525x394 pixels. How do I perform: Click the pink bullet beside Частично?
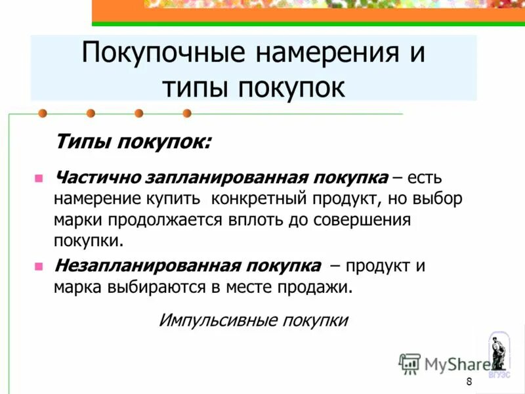click(39, 178)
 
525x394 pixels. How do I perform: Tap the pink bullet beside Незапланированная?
click(39, 267)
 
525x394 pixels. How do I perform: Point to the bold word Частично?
click(93, 178)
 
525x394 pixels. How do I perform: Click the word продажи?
click(322, 287)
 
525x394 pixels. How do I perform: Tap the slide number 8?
click(469, 383)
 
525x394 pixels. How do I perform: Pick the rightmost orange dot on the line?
click(187, 113)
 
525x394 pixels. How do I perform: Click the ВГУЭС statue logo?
click(499, 355)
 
